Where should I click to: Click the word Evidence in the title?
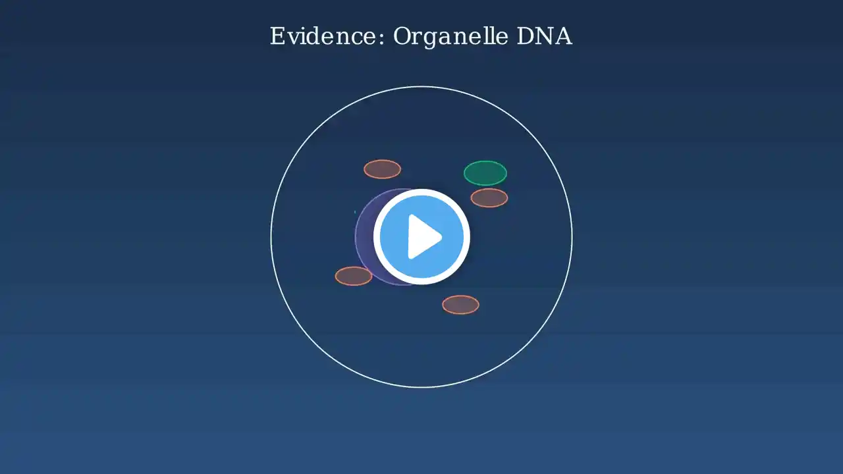[x=323, y=36]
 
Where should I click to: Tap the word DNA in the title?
[x=544, y=36]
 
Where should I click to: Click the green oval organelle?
[x=485, y=173]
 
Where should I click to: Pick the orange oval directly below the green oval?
[x=489, y=198]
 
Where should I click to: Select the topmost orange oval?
[x=382, y=169]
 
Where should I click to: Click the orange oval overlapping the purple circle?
[x=354, y=276]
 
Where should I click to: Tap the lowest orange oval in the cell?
[x=460, y=305]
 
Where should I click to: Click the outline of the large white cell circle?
[x=271, y=237]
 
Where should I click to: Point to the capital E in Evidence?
[x=278, y=36]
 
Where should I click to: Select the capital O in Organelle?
[x=402, y=36]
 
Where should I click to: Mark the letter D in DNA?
[x=526, y=36]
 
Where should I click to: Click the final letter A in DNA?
[x=563, y=36]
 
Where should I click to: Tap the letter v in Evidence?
[x=294, y=39]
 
